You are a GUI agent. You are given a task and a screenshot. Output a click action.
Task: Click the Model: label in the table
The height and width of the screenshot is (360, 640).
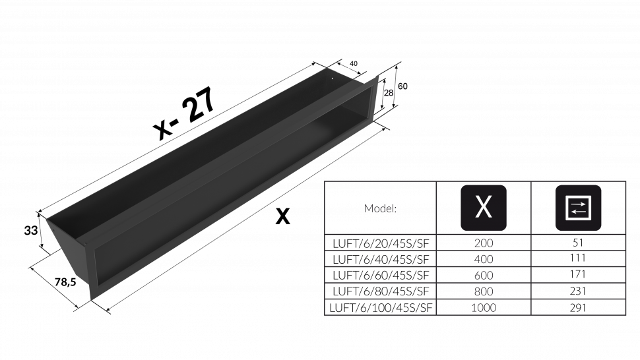(x=381, y=208)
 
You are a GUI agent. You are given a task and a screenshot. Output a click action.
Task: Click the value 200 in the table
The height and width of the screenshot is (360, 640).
(x=484, y=243)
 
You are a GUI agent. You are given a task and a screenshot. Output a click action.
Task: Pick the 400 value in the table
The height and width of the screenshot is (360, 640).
(x=484, y=259)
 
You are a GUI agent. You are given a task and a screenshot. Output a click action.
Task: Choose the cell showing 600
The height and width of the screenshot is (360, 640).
(x=484, y=275)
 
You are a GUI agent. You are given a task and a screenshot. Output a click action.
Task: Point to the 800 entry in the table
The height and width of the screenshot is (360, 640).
(x=484, y=291)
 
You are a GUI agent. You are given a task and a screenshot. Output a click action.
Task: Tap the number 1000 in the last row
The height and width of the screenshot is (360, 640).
(x=484, y=307)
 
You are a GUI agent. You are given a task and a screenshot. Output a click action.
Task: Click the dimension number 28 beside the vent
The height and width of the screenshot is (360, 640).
(x=389, y=93)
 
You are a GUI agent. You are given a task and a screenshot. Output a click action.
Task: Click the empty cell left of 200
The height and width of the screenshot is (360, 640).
(x=380, y=243)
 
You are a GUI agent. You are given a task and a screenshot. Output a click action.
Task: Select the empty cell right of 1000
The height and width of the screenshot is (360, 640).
(x=578, y=307)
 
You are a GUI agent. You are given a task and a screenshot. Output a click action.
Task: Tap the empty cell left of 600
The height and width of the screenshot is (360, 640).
(x=380, y=275)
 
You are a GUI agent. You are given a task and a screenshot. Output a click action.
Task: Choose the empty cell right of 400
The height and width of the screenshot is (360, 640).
(x=578, y=259)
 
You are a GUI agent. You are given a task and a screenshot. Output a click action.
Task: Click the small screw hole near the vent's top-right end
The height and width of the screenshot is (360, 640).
(x=332, y=82)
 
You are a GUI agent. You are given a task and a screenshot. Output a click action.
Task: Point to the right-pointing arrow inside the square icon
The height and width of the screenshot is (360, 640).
(x=578, y=204)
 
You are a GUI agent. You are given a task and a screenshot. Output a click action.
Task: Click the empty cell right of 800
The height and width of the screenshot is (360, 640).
(x=578, y=291)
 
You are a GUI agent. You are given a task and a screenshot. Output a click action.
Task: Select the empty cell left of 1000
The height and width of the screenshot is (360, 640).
(x=380, y=307)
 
